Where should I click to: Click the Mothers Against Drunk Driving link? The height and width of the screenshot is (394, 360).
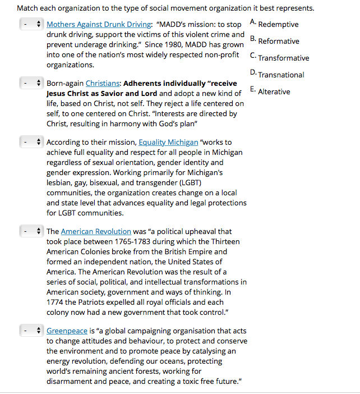pyautogui.click(x=99, y=25)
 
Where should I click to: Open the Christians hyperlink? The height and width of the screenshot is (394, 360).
pyautogui.click(x=102, y=83)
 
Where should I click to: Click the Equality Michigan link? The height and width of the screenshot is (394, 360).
pyautogui.click(x=168, y=143)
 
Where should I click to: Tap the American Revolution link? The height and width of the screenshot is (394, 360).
pyautogui.click(x=96, y=231)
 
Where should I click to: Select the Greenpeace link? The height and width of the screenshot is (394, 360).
pyautogui.click(x=67, y=331)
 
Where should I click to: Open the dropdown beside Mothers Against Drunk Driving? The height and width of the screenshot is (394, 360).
pyautogui.click(x=31, y=25)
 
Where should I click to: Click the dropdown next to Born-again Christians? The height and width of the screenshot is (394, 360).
pyautogui.click(x=31, y=83)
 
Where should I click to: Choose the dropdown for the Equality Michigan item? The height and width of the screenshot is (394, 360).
pyautogui.click(x=31, y=143)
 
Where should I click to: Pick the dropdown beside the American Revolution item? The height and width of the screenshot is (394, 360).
pyautogui.click(x=31, y=231)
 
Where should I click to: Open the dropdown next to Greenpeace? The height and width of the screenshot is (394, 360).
pyautogui.click(x=31, y=331)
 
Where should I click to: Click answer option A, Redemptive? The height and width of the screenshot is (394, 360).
pyautogui.click(x=278, y=24)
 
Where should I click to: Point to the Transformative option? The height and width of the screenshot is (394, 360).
pyautogui.click(x=283, y=58)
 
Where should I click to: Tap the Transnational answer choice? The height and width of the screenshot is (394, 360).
pyautogui.click(x=281, y=75)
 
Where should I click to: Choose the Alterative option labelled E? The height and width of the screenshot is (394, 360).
pyautogui.click(x=274, y=91)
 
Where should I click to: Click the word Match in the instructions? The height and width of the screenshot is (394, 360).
pyautogui.click(x=27, y=8)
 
